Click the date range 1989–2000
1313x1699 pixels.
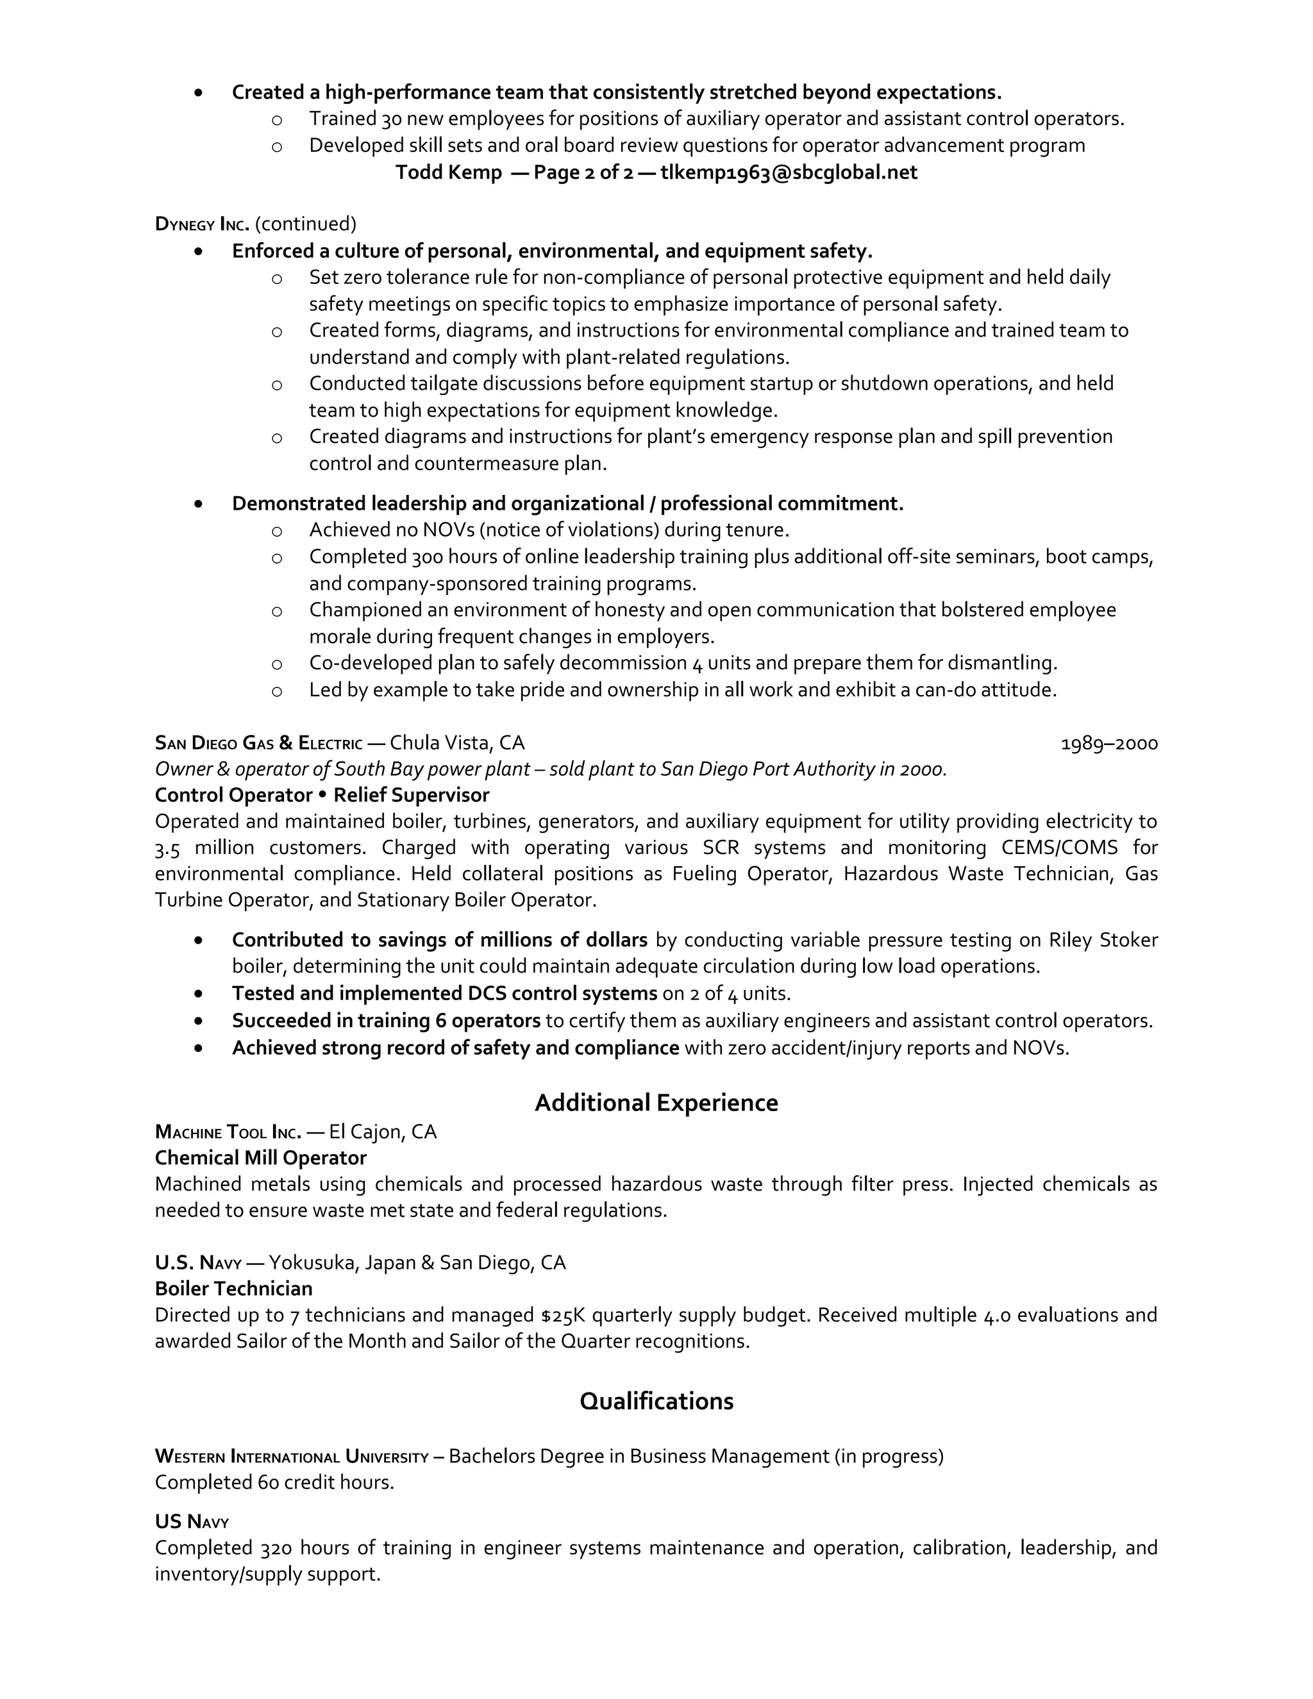(1109, 744)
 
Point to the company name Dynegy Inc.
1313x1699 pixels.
(201, 224)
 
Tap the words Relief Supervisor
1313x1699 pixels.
(412, 795)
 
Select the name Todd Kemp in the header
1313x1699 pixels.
(448, 172)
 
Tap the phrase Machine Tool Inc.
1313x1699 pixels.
(228, 1131)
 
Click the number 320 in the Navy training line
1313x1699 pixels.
(276, 1548)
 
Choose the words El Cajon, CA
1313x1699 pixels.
(383, 1131)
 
